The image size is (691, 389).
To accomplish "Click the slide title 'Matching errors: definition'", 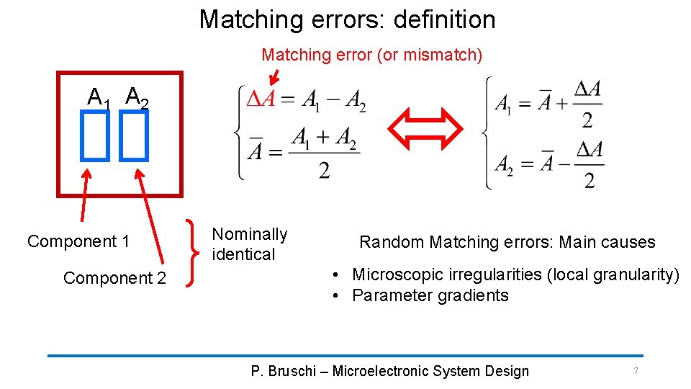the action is pos(347,19).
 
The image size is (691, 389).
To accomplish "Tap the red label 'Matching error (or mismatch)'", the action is pos(371,55).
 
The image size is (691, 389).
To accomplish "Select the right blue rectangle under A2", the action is pos(134,138).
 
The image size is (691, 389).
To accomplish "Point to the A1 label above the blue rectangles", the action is pos(98,97).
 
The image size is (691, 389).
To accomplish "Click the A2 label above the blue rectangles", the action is pos(137,97).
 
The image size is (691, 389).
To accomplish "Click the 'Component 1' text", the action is pos(78,241).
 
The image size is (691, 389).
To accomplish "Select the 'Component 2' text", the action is pos(114,277).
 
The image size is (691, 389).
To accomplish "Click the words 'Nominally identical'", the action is pos(249,244).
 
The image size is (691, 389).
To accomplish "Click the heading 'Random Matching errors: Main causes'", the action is pos(507,242).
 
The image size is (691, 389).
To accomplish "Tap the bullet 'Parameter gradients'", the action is pos(430,295).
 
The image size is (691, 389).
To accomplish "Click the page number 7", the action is pos(636,371).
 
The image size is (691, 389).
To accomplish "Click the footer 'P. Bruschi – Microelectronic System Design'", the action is pos(389,371).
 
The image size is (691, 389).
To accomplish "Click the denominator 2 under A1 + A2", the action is pos(325,171).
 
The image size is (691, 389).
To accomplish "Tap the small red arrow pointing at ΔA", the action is pos(274,75).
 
